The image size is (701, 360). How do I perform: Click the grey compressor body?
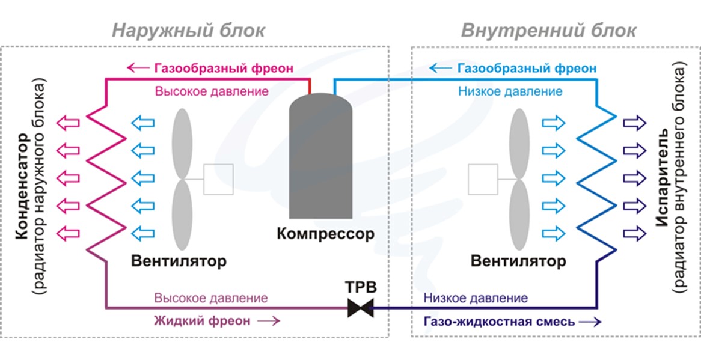tap(320, 156)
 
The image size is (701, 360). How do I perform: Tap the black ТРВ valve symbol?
tap(360, 308)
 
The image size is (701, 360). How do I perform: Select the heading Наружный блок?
tap(188, 31)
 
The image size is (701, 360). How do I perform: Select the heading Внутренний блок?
tap(548, 31)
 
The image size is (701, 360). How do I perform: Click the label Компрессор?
tap(325, 233)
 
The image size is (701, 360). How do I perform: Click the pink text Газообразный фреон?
tap(224, 69)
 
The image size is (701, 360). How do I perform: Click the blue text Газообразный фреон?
tap(527, 69)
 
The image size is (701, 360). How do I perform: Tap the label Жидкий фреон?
tap(200, 321)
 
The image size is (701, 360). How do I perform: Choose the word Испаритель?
tap(663, 178)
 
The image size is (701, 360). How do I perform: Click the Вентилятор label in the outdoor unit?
tap(179, 260)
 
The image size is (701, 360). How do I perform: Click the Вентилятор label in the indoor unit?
tap(518, 260)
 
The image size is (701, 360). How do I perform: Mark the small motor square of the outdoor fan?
tap(219, 179)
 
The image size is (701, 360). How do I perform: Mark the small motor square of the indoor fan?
tap(483, 179)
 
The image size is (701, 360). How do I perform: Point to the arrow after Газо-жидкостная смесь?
tap(590, 322)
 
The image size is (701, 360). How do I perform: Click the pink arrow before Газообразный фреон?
tap(138, 69)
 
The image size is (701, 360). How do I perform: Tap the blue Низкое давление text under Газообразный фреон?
tap(510, 91)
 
